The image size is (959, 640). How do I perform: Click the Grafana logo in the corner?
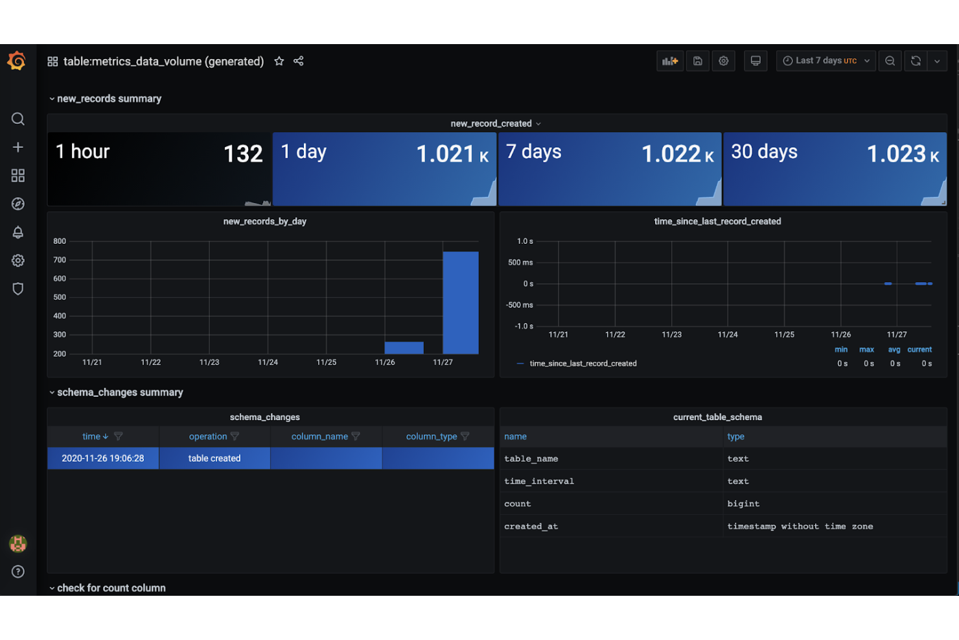(17, 61)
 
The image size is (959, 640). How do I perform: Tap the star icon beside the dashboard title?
(279, 61)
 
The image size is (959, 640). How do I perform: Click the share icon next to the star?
(299, 61)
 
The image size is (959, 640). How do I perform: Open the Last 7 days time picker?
(826, 61)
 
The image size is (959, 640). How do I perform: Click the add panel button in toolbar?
(669, 61)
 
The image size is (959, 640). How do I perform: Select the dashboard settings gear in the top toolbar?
(724, 61)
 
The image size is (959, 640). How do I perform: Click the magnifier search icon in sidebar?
(18, 119)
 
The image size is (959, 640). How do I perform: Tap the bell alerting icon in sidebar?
(18, 232)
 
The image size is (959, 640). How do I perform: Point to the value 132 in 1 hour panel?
(243, 154)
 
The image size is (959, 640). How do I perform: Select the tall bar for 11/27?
(460, 302)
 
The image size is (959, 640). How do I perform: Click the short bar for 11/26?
(404, 348)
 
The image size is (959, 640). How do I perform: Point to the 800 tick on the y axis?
(60, 241)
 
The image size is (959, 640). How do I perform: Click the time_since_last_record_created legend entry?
(583, 364)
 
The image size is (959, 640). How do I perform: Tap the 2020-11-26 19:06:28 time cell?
(103, 458)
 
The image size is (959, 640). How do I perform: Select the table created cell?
(214, 458)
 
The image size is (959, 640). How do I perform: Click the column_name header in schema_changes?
(319, 436)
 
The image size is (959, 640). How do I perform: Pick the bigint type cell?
(743, 504)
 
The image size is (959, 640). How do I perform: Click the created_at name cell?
(531, 527)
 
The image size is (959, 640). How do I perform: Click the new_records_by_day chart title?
(264, 221)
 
